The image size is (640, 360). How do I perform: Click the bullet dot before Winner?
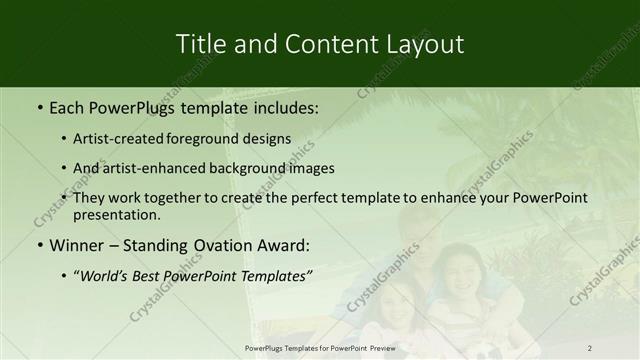39,244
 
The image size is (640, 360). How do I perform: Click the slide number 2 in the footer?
590,347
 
